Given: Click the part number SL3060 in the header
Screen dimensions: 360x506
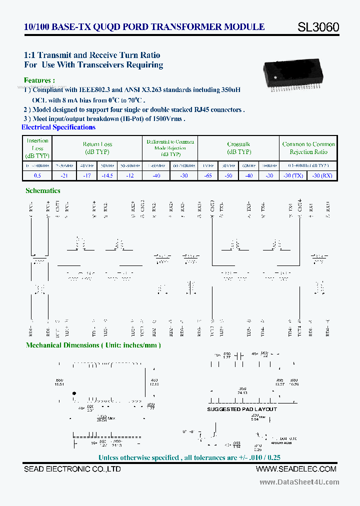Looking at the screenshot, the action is pyautogui.click(x=318, y=27).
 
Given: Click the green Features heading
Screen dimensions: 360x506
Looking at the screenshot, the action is pyautogui.click(x=39, y=80).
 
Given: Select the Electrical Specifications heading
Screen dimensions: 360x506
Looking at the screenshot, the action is pyautogui.click(x=58, y=127).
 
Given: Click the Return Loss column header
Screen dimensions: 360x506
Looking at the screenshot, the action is pyautogui.click(x=97, y=147).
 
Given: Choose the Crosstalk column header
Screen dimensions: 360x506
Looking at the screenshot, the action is pyautogui.click(x=239, y=147).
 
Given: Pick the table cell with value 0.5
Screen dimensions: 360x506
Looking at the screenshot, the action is pyautogui.click(x=37, y=175).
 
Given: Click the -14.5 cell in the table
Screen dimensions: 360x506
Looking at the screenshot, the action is pyautogui.click(x=106, y=175).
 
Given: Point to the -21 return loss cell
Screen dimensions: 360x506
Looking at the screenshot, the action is pyautogui.click(x=63, y=175).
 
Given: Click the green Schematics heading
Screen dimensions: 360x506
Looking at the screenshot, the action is pyautogui.click(x=43, y=190).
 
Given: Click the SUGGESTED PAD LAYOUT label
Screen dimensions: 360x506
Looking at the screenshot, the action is pyautogui.click(x=242, y=409).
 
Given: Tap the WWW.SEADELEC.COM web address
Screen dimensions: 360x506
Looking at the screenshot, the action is pyautogui.click(x=296, y=468).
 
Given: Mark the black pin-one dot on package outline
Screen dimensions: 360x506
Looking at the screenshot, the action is pyautogui.click(x=74, y=394).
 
